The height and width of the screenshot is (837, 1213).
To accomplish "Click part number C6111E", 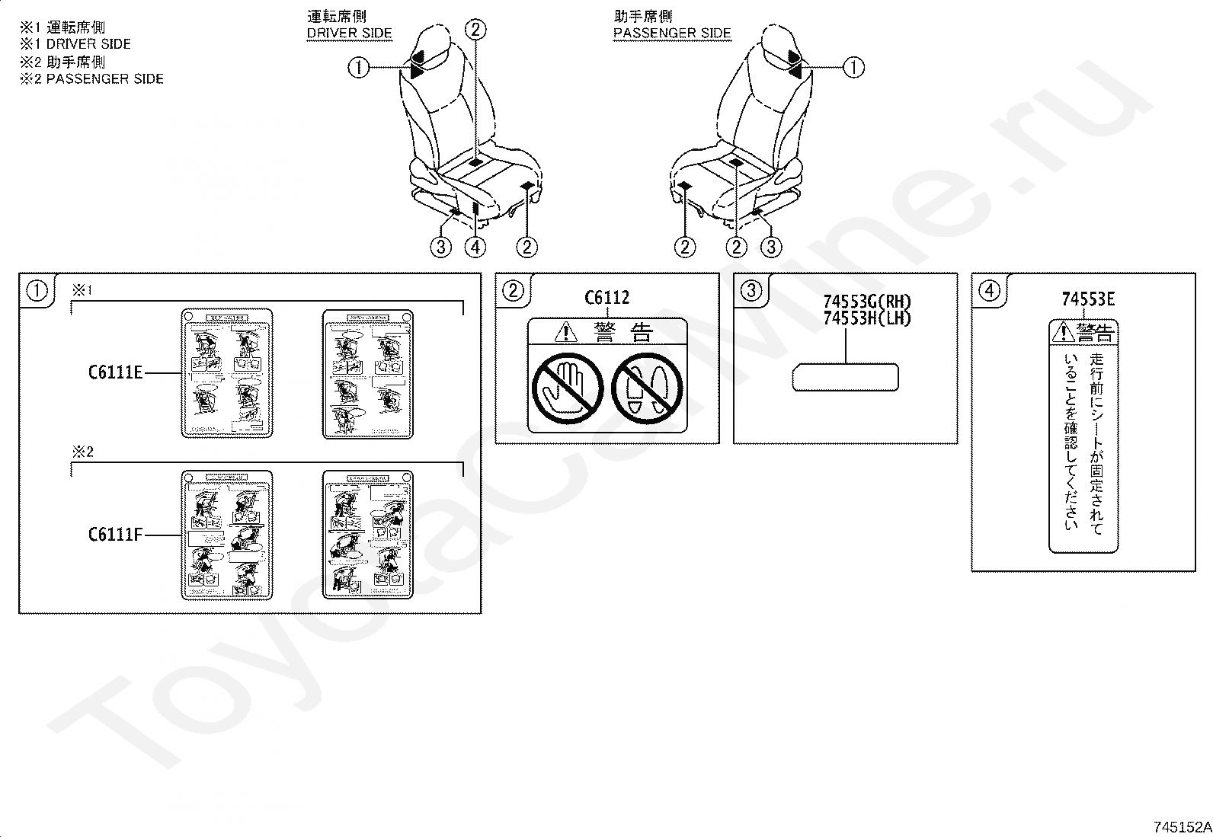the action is pyautogui.click(x=115, y=372).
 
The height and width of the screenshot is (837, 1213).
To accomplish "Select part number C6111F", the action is pyautogui.click(x=115, y=535).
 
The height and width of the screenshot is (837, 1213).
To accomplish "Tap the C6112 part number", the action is pyautogui.click(x=607, y=298).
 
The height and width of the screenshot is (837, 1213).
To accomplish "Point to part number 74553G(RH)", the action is pyautogui.click(x=867, y=302).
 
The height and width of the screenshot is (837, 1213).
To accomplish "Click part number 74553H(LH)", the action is pyautogui.click(x=867, y=318).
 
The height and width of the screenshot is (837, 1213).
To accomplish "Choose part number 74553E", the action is pyautogui.click(x=1088, y=299).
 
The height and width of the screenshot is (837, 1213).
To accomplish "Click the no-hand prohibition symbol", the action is pyautogui.click(x=568, y=388).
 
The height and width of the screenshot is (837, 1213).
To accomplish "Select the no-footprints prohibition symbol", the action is pyautogui.click(x=647, y=388).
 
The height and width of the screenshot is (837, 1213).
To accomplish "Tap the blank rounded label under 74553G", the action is pyautogui.click(x=845, y=377).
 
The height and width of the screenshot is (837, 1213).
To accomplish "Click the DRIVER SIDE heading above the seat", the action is pyautogui.click(x=349, y=33).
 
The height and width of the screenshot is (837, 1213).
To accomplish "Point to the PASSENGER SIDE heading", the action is pyautogui.click(x=672, y=33).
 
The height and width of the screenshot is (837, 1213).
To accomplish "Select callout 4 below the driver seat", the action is pyautogui.click(x=475, y=247).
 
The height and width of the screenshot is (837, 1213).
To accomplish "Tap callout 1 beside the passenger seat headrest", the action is pyautogui.click(x=853, y=68).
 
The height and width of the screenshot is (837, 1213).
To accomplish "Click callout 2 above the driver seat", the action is pyautogui.click(x=475, y=30).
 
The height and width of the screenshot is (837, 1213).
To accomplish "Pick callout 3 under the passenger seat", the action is pyautogui.click(x=771, y=247).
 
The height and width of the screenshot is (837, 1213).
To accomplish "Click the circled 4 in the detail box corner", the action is pyautogui.click(x=989, y=290).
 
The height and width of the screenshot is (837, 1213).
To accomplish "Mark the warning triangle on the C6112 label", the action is pyautogui.click(x=565, y=331).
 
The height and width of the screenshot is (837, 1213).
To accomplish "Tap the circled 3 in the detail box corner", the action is pyautogui.click(x=751, y=290).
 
